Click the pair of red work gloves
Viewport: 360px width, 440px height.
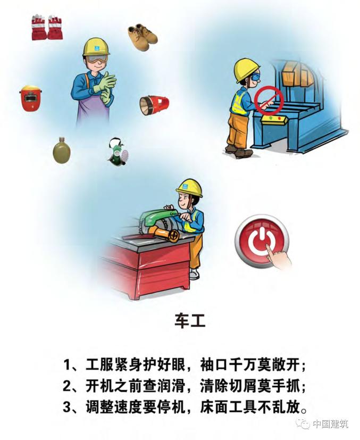click(x=47, y=27)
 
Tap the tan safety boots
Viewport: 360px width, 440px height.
click(x=143, y=37)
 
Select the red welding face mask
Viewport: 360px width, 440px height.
click(x=30, y=98)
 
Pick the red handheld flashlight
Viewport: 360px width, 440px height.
click(x=154, y=105)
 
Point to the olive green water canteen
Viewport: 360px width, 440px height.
click(x=61, y=150)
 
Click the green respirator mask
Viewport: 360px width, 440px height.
click(x=118, y=151)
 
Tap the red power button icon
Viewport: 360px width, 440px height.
click(x=261, y=240)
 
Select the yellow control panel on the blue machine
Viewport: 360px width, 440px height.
click(x=274, y=120)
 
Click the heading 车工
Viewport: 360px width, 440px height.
click(x=190, y=320)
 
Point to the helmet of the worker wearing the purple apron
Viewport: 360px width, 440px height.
click(x=96, y=46)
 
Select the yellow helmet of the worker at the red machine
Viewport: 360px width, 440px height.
click(x=189, y=187)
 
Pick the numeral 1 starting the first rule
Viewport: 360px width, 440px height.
click(x=66, y=365)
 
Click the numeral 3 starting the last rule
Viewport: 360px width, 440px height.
click(x=66, y=408)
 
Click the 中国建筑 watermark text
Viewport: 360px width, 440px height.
click(x=330, y=424)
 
